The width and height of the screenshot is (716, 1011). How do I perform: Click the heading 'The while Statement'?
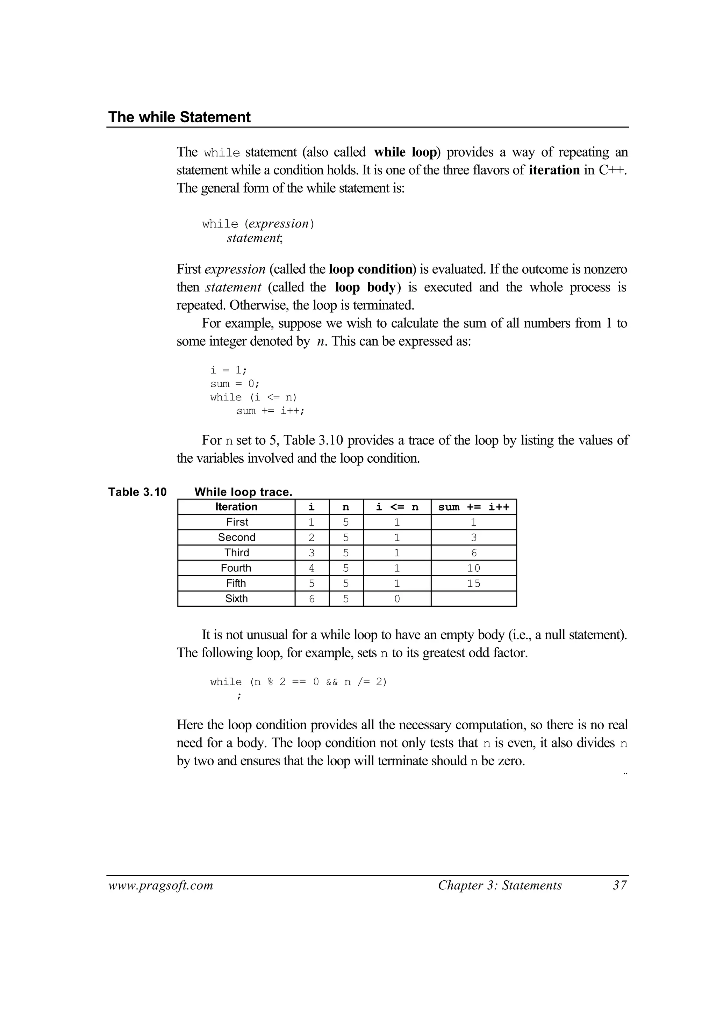[x=179, y=117]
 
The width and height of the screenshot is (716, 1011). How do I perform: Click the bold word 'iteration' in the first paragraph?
[x=554, y=170]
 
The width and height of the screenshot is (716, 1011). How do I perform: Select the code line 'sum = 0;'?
[x=235, y=383]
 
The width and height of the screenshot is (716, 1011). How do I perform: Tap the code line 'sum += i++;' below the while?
[x=270, y=411]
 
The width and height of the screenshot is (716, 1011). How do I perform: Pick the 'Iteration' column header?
[x=236, y=507]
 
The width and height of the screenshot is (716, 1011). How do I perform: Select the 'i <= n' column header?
[x=397, y=507]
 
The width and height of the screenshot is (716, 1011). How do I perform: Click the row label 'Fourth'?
[x=236, y=568]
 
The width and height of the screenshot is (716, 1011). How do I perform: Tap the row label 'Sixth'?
[x=236, y=599]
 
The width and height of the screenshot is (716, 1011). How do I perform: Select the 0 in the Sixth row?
[x=397, y=599]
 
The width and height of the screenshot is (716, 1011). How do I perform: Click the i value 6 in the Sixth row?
[x=312, y=599]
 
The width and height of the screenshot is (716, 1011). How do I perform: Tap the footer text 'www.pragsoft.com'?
[x=160, y=886]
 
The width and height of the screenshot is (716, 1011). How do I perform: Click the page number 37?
[x=620, y=886]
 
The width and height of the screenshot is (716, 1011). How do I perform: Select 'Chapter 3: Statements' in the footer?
[x=500, y=886]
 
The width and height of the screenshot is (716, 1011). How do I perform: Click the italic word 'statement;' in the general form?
[x=254, y=238]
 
